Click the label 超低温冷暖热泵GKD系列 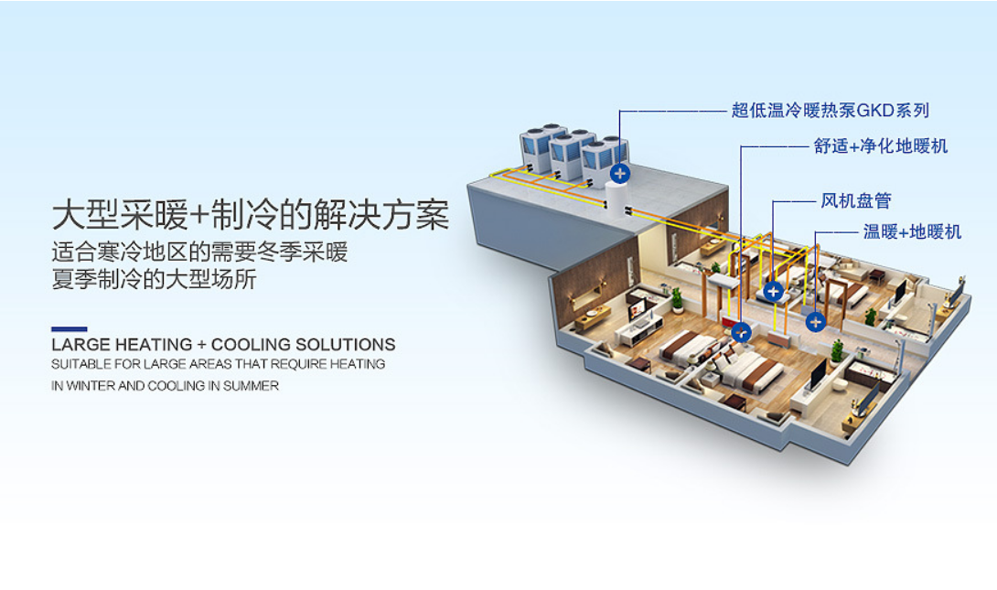coord(830,111)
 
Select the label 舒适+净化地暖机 coord(881,146)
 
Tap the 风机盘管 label coord(856,201)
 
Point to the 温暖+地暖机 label coord(912,231)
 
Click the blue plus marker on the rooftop coord(620,173)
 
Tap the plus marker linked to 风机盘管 coord(773,291)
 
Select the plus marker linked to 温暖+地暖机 coord(815,322)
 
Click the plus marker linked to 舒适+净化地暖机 coord(742,331)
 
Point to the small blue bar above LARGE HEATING coord(70,329)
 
